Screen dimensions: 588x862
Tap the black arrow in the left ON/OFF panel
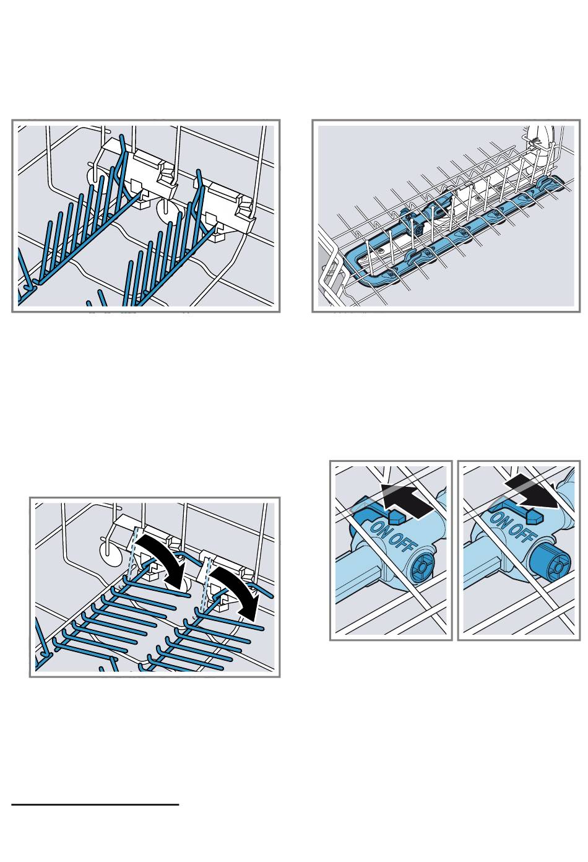tap(410, 500)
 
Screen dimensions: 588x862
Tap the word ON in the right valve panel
tap(500, 520)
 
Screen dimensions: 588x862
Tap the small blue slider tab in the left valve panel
tap(396, 517)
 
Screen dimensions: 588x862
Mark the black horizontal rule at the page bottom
tap(95, 804)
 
